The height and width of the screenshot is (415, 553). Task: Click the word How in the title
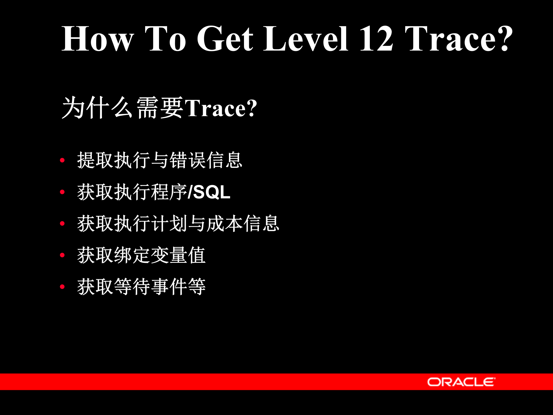click(x=98, y=39)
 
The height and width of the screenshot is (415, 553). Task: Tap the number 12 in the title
click(x=376, y=39)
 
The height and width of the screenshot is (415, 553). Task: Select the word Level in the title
click(x=306, y=39)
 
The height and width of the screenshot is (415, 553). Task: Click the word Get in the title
click(x=225, y=39)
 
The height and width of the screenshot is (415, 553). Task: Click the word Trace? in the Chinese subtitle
click(x=221, y=108)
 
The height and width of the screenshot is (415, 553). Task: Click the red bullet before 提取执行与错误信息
click(x=62, y=160)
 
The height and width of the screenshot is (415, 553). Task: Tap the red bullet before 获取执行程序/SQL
click(x=62, y=192)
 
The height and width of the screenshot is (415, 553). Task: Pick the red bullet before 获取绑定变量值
click(x=62, y=255)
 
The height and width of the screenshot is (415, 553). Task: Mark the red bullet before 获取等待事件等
click(x=62, y=287)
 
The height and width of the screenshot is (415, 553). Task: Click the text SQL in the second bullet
click(x=212, y=192)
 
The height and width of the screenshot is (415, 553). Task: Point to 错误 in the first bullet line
click(x=188, y=160)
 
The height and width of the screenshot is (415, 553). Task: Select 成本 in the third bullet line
click(x=225, y=224)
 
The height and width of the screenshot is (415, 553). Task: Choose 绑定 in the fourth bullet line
click(x=132, y=255)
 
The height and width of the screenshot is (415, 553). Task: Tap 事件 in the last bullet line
click(x=169, y=287)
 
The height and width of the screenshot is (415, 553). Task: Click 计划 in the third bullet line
click(x=169, y=224)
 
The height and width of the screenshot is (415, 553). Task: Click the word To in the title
click(x=165, y=39)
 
